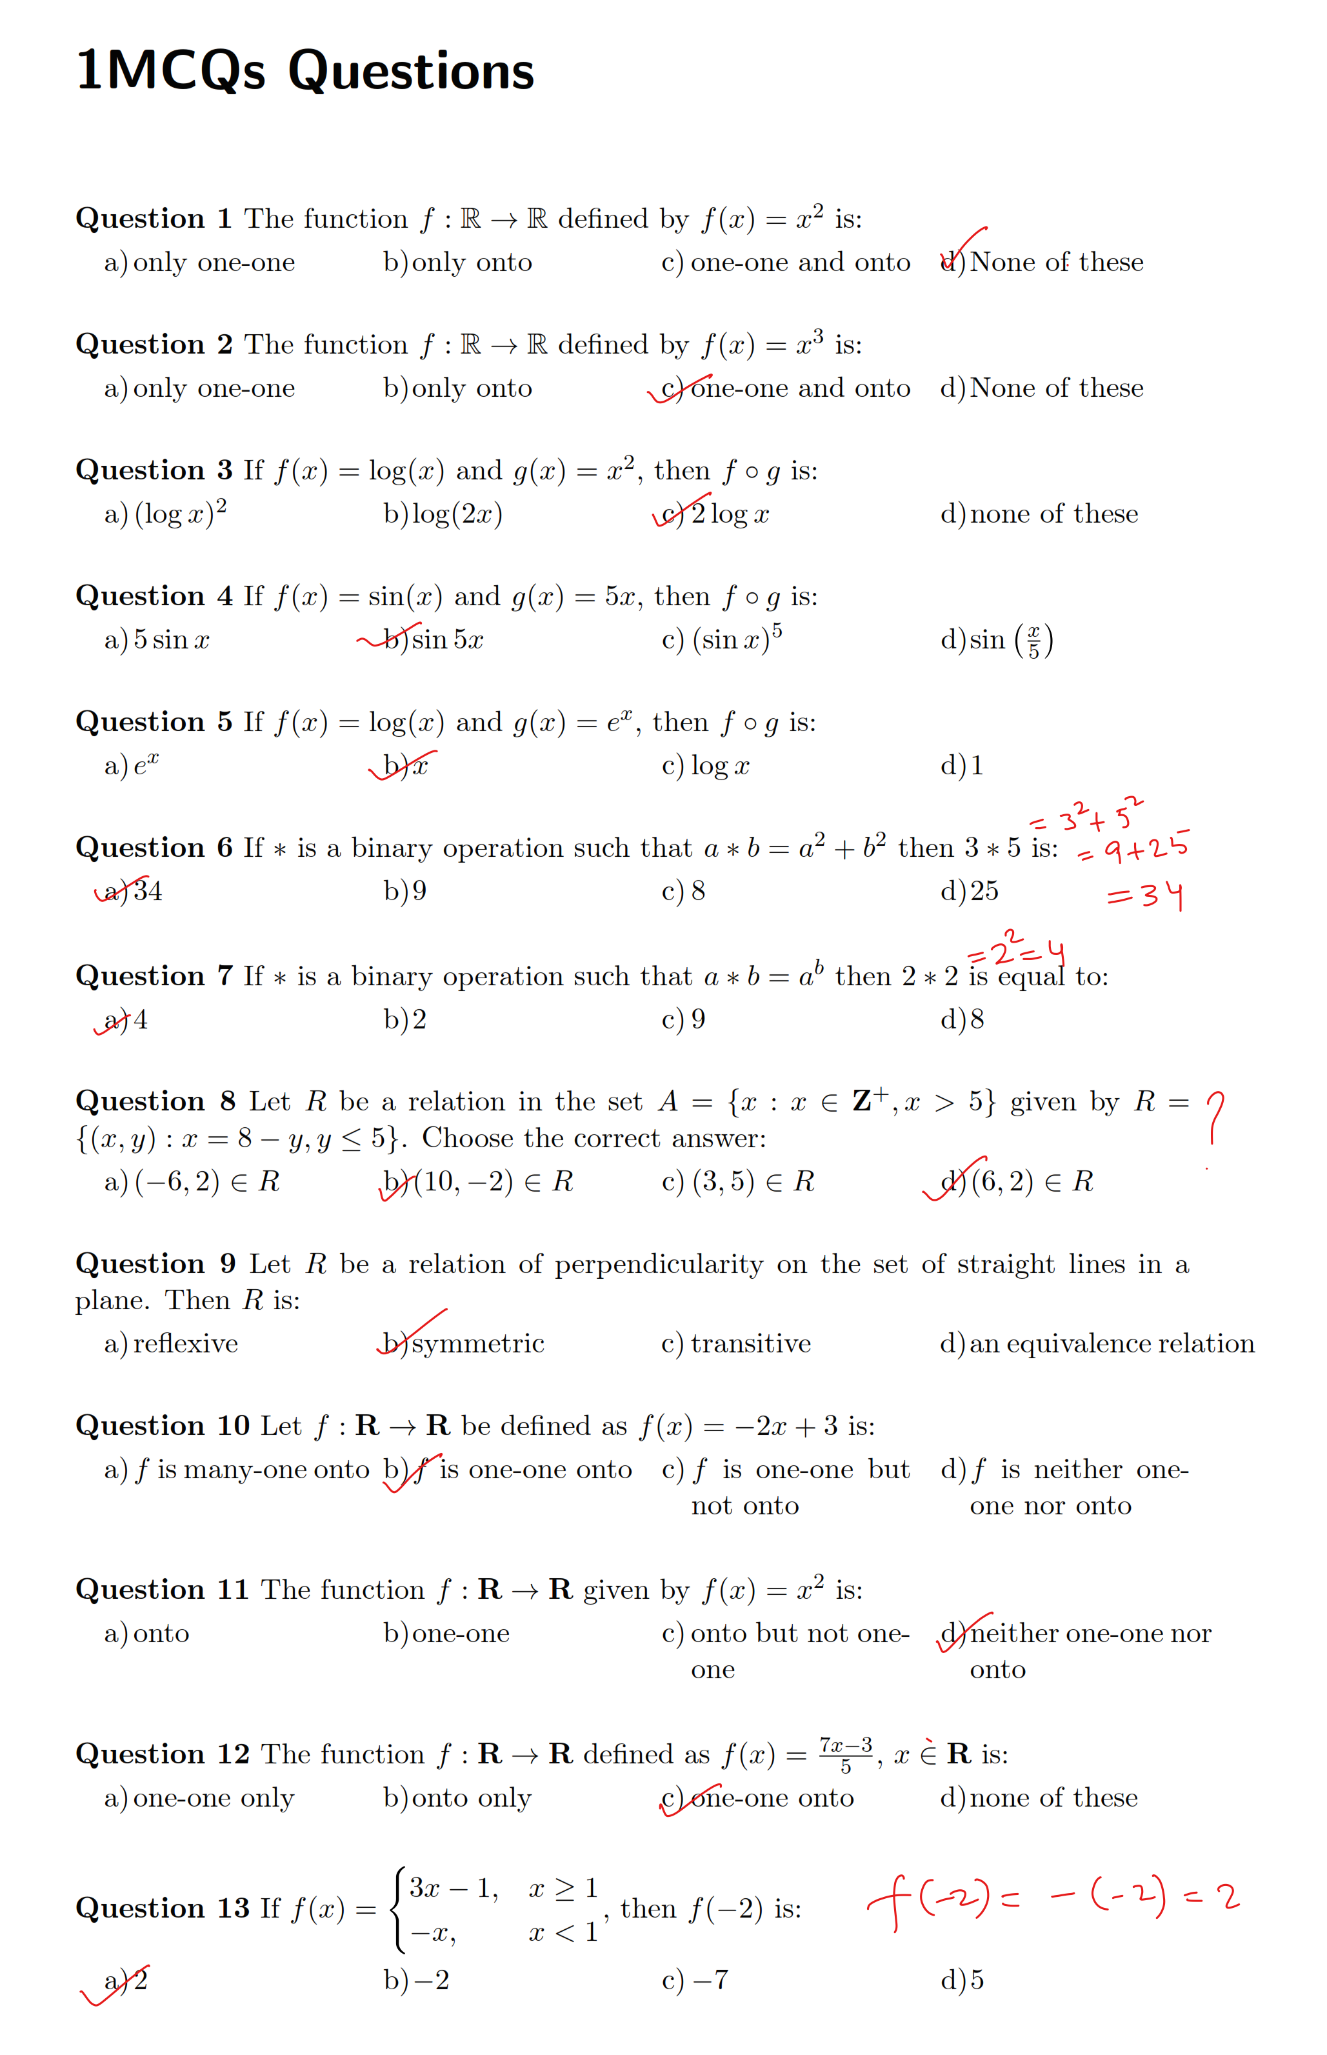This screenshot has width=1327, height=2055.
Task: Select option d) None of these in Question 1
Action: (x=1042, y=262)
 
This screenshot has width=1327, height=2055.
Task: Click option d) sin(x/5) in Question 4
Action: (x=996, y=640)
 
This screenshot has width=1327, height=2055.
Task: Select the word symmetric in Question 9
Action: (x=477, y=1343)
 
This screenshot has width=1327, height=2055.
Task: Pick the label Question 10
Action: (x=162, y=1426)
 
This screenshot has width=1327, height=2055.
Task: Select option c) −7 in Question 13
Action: (x=695, y=1980)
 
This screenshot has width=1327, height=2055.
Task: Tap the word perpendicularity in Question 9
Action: (x=658, y=1264)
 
